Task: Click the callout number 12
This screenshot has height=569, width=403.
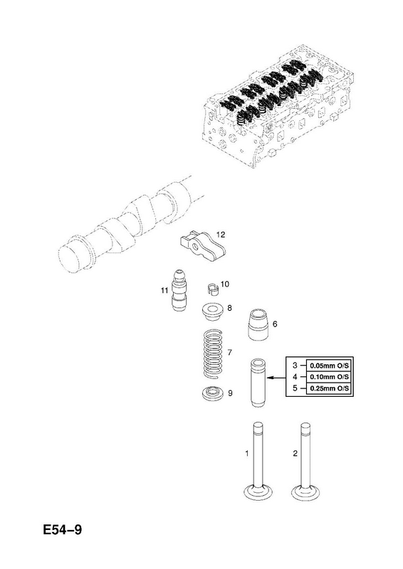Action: (220, 235)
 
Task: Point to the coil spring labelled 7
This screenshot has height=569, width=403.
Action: (214, 354)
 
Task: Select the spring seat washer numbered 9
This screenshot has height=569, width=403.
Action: (213, 394)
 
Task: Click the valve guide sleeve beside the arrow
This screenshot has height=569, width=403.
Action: (258, 383)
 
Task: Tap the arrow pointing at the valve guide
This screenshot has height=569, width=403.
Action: (276, 378)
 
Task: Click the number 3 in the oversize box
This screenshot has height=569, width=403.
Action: (295, 365)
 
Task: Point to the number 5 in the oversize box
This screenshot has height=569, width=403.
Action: (295, 388)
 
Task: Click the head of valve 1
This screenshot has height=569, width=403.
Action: (258, 492)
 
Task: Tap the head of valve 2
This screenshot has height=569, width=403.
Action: (306, 492)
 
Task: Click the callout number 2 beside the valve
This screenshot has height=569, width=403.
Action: (295, 453)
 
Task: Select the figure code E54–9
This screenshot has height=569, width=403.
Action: (63, 530)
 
